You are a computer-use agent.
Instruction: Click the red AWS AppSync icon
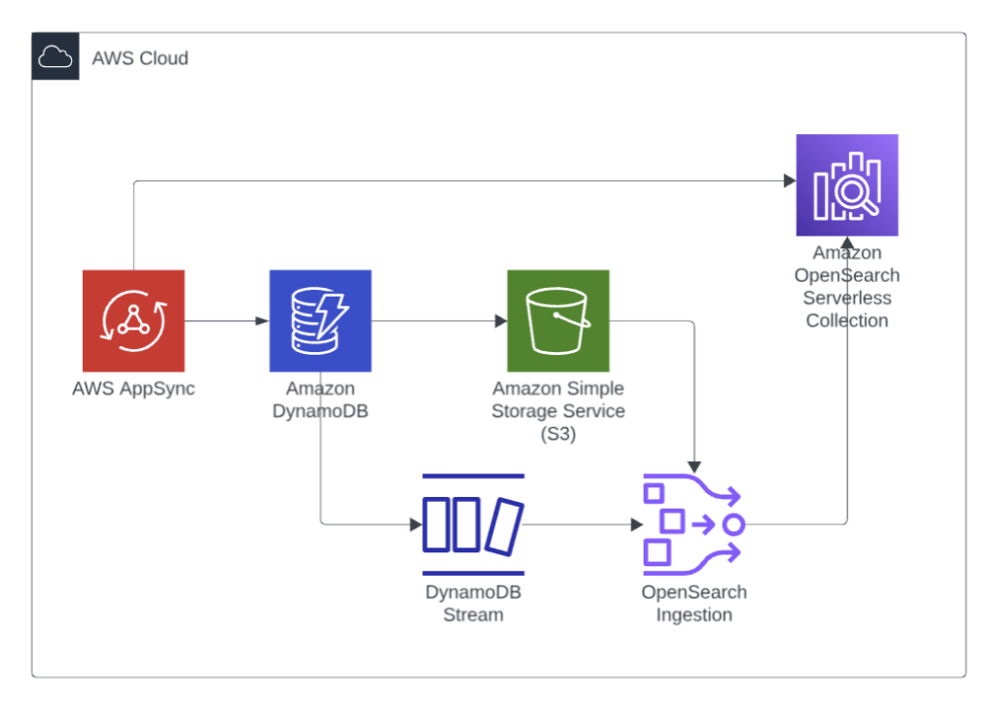[x=133, y=321]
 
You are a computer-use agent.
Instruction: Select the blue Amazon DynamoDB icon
[x=320, y=321]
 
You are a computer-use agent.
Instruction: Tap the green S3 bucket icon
[x=557, y=321]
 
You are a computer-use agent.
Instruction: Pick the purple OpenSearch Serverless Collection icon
[x=846, y=185]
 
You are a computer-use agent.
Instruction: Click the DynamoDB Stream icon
[x=474, y=525]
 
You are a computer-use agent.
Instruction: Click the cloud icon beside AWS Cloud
[x=55, y=57]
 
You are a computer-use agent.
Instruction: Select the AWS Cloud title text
[x=140, y=58]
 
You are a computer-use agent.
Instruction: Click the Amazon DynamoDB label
[x=320, y=401]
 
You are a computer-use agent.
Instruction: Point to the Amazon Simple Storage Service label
[x=558, y=411]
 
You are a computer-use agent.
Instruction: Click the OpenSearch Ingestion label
[x=694, y=603]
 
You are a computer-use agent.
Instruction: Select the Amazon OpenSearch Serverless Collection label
[x=847, y=287]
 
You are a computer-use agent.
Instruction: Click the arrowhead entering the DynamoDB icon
[x=263, y=321]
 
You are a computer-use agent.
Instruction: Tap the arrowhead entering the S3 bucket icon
[x=500, y=321]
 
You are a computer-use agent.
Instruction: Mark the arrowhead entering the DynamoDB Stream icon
[x=415, y=525]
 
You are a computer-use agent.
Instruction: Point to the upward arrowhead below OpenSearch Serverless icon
[x=847, y=243]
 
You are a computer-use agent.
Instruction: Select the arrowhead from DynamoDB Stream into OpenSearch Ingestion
[x=637, y=525]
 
